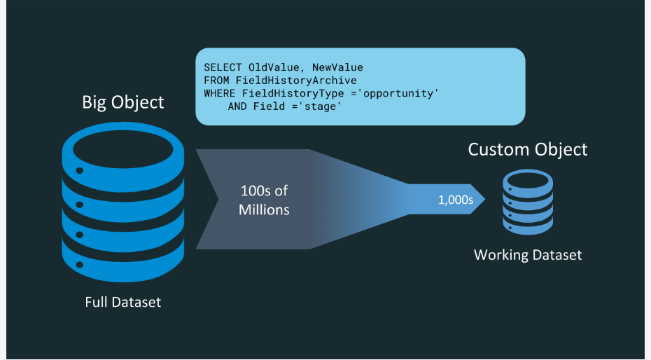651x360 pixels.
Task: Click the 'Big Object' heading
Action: [123, 102]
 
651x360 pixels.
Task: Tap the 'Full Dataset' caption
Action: [123, 303]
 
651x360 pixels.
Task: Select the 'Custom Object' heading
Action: [528, 149]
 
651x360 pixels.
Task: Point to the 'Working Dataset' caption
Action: [528, 255]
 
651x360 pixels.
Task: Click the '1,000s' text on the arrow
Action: [456, 200]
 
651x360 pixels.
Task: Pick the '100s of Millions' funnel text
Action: [264, 200]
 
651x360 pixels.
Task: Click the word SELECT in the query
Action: [223, 68]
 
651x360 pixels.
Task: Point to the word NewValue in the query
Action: [337, 68]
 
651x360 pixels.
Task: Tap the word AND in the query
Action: [237, 106]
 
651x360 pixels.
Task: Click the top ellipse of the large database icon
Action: [122, 148]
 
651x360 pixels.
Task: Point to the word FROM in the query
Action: [216, 81]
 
